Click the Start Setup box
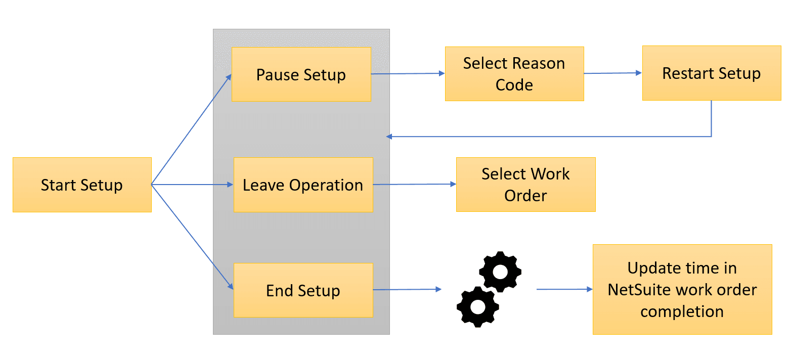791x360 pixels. point(82,185)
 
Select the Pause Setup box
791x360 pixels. point(301,74)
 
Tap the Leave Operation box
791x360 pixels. point(303,185)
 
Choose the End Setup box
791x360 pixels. point(303,290)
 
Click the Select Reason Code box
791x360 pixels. point(514,74)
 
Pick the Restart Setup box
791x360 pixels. point(711,73)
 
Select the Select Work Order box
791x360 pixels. point(525,185)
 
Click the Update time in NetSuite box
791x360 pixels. point(682,289)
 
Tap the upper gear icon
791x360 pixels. point(500,272)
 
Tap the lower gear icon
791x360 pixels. point(477,306)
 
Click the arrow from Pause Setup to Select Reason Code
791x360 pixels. point(408,74)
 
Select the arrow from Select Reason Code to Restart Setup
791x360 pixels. point(612,73)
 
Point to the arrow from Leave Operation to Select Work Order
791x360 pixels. point(414,185)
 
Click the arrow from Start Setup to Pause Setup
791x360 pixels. point(191,129)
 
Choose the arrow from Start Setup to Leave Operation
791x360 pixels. point(192,185)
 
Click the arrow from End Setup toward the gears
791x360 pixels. point(407,290)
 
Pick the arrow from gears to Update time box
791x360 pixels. point(564,289)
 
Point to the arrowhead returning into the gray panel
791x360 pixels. point(389,137)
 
